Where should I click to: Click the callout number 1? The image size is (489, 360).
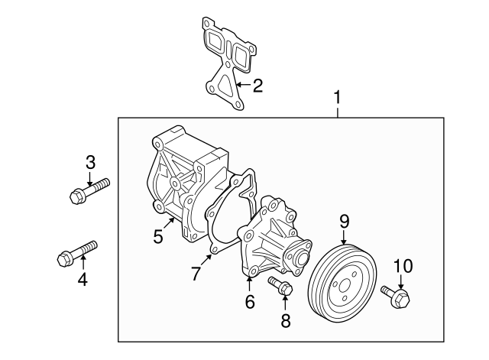pyautogui.click(x=337, y=98)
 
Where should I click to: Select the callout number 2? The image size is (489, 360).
pyautogui.click(x=257, y=85)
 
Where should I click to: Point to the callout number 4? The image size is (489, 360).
pyautogui.click(x=82, y=279)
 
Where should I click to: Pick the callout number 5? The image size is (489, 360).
pyautogui.click(x=158, y=236)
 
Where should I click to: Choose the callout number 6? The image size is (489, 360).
pyautogui.click(x=249, y=302)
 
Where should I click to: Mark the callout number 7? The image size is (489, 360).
pyautogui.click(x=196, y=273)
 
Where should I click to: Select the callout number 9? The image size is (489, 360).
pyautogui.click(x=344, y=221)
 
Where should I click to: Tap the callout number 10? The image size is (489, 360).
pyautogui.click(x=402, y=266)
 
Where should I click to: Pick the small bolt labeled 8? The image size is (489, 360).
pyautogui.click(x=280, y=287)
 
